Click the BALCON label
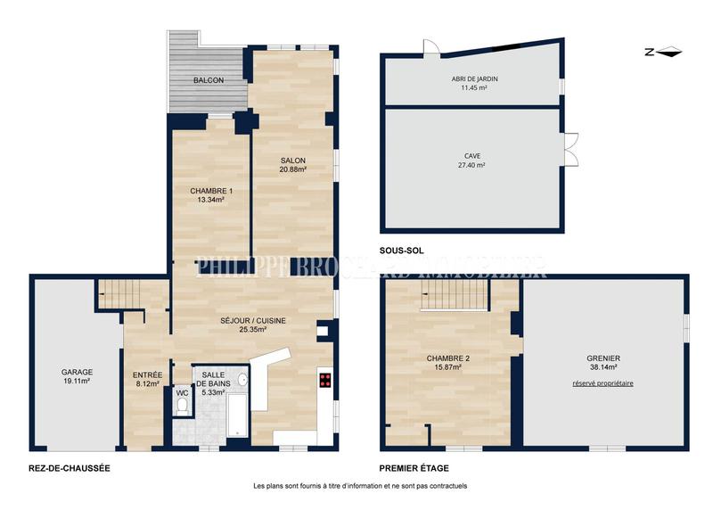[209, 80]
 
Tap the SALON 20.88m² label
[292, 166]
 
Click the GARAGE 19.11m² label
[77, 376]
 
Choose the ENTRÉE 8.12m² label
[146, 380]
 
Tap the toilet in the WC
[181, 406]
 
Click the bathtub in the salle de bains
[237, 415]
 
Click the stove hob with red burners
[325, 381]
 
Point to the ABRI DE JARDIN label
[473, 84]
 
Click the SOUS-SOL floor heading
[400, 251]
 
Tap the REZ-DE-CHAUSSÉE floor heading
[69, 467]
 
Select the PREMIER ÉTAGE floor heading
[414, 468]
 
